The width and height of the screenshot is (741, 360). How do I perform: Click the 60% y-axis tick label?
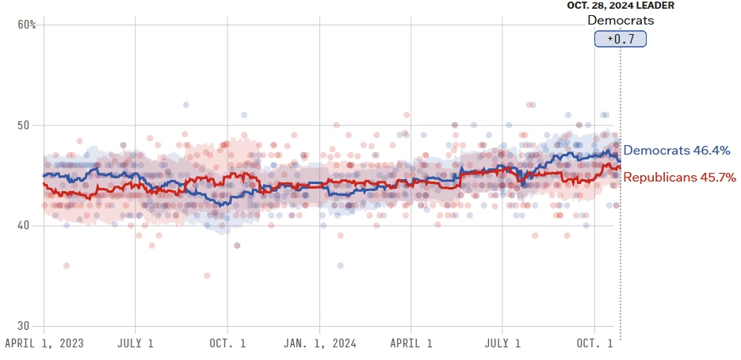click(x=27, y=25)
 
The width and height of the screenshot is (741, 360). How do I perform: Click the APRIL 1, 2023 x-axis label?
click(x=44, y=344)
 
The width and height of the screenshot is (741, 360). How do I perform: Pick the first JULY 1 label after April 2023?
click(x=135, y=344)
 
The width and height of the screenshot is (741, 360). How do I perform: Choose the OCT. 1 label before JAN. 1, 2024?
click(x=227, y=344)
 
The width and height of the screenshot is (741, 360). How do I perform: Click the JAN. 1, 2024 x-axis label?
click(x=319, y=344)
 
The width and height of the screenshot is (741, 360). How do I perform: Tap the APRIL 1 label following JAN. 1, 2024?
click(x=411, y=344)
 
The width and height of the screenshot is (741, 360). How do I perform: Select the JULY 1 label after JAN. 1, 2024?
click(x=502, y=344)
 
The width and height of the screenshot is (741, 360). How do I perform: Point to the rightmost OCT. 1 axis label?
click(x=594, y=344)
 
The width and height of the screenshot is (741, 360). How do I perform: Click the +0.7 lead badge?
click(x=621, y=39)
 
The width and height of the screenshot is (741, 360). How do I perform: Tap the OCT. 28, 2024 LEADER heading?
click(x=621, y=6)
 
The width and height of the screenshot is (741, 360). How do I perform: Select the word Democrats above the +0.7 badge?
click(x=621, y=20)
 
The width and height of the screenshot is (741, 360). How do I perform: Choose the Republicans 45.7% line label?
click(x=680, y=177)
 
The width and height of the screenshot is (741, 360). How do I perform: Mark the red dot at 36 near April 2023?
click(x=67, y=266)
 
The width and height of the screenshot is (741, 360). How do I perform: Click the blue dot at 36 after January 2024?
click(x=340, y=266)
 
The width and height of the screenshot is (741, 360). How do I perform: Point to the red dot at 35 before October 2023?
click(x=207, y=275)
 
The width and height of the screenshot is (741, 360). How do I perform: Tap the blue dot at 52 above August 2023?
click(x=186, y=105)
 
